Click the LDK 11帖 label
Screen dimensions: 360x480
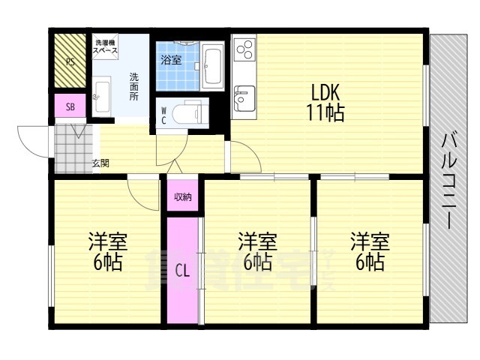pyautogui.click(x=325, y=103)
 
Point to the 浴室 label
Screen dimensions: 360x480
pyautogui.click(x=171, y=60)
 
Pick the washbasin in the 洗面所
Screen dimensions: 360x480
pyautogui.click(x=102, y=94)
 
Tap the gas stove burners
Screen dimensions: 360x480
pyautogui.click(x=244, y=50)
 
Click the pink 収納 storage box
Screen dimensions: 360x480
pyautogui.click(x=183, y=197)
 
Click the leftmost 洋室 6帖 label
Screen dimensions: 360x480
pyautogui.click(x=108, y=253)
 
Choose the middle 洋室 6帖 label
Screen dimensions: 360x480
pyautogui.click(x=257, y=253)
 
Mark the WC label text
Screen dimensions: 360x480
pyautogui.click(x=164, y=115)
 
